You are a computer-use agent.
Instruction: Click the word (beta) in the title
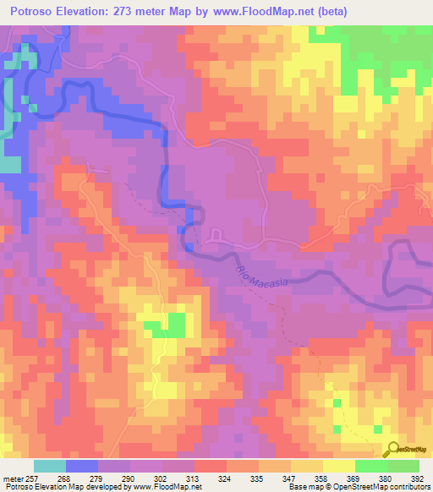click(x=326, y=12)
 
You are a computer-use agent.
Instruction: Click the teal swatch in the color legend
click(x=50, y=466)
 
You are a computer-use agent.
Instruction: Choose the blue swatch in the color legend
click(x=82, y=466)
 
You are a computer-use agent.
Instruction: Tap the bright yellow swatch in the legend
click(x=339, y=466)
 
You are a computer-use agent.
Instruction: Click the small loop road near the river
click(x=215, y=234)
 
